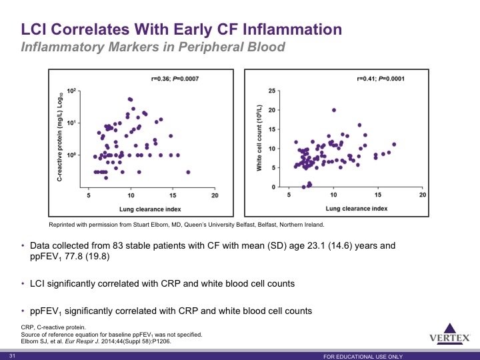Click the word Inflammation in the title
click(x=293, y=29)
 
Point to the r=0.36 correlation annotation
click(x=175, y=79)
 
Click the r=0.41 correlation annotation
click(x=381, y=79)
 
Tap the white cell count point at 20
click(x=334, y=110)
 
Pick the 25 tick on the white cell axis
click(x=272, y=91)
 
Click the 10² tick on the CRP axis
click(x=71, y=91)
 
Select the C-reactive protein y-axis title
click(x=60, y=137)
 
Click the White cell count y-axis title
click(x=259, y=138)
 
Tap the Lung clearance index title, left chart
click(x=150, y=209)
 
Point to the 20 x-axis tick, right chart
click(x=423, y=195)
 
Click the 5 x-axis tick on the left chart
click(x=89, y=195)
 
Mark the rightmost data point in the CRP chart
click(x=188, y=173)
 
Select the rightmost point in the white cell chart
click(x=394, y=145)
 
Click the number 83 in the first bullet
click(x=118, y=245)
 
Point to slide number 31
click(x=12, y=356)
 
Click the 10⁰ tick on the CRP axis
click(x=71, y=155)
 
